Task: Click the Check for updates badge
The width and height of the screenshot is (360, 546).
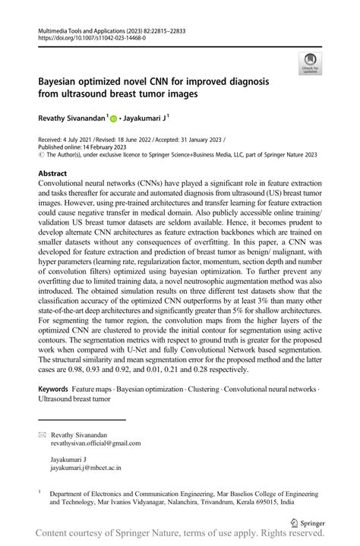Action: point(310,64)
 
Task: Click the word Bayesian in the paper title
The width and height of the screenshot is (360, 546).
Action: point(64,81)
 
